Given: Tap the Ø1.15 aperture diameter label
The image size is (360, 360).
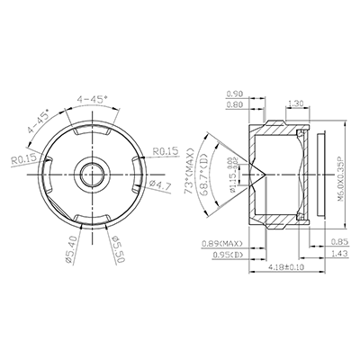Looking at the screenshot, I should [233, 171].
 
